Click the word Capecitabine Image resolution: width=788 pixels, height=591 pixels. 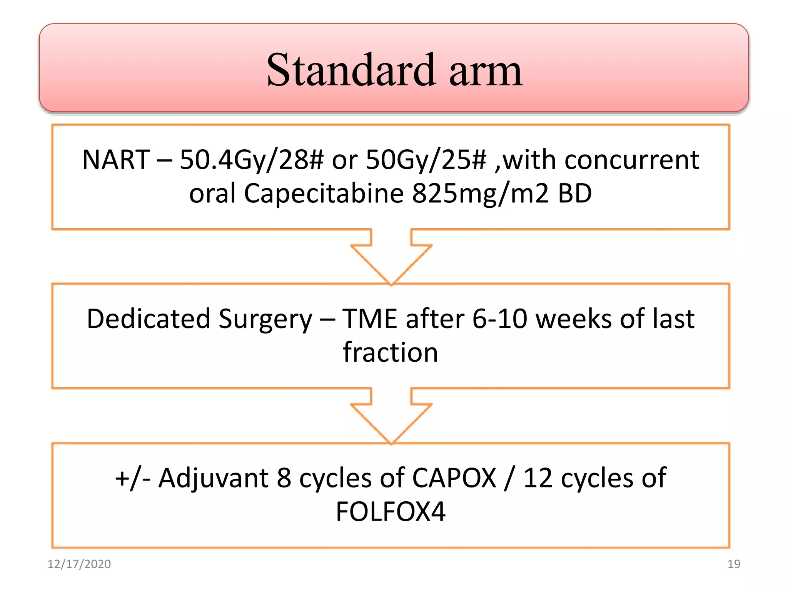point(323,193)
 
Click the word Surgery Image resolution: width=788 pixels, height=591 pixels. point(265,319)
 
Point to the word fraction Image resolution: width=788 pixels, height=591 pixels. point(390,352)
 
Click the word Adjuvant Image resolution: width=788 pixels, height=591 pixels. point(213,478)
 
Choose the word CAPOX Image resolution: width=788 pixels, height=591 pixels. point(454,478)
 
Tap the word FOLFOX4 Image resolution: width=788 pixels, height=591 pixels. point(390,511)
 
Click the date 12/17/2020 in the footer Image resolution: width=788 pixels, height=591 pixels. point(79,564)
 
